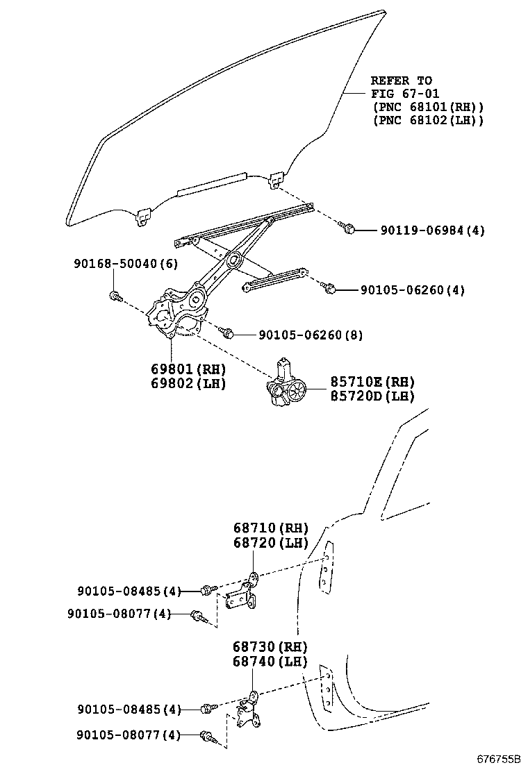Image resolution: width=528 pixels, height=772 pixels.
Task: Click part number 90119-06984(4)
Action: (431, 230)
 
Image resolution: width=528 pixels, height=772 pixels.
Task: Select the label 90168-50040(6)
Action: (125, 264)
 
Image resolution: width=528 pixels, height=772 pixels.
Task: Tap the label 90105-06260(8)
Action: (311, 335)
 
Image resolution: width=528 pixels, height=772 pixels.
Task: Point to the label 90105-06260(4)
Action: (412, 289)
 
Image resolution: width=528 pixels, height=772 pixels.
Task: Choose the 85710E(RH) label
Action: (362, 382)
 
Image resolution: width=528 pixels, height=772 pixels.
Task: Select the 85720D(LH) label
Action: (362, 396)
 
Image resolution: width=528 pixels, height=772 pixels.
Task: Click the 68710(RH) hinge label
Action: (270, 528)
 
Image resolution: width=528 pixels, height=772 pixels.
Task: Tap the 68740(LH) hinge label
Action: (270, 662)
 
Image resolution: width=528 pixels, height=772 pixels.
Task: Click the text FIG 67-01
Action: (405, 94)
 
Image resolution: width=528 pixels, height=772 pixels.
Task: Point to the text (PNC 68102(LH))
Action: (428, 120)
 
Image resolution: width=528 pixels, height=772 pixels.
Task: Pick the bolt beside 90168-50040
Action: (116, 296)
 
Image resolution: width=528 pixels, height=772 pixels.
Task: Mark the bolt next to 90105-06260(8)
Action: (226, 333)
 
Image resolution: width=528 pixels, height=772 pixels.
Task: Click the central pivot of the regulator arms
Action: (232, 261)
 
